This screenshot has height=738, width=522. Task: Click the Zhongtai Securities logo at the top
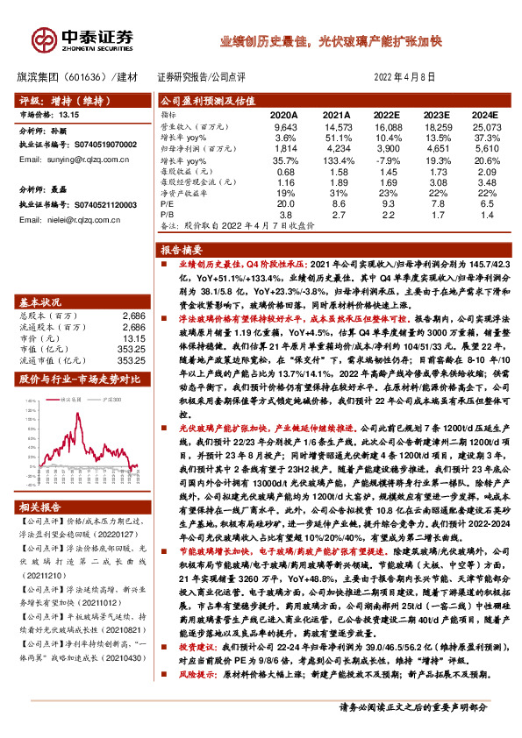tap(96, 38)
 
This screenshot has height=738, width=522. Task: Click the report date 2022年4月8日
tap(404, 77)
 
